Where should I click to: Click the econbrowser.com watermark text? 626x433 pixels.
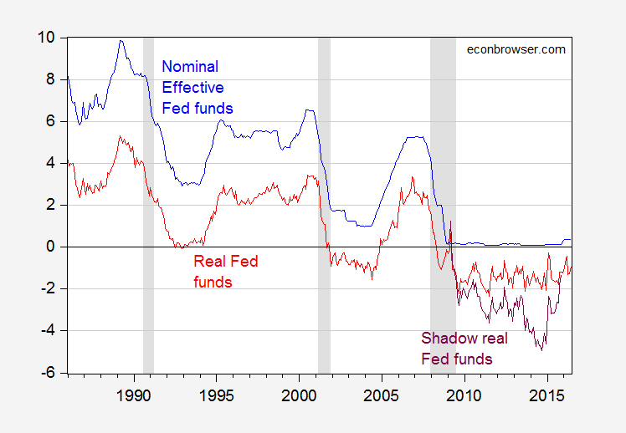coord(515,49)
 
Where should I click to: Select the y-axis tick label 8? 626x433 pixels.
coord(50,79)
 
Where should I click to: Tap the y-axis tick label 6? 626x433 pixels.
coord(50,121)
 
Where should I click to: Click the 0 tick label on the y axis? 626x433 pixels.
coord(50,247)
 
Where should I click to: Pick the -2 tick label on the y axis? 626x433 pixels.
coord(48,288)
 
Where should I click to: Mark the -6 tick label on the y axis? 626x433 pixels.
coord(48,373)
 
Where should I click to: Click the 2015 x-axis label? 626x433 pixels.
coord(547,394)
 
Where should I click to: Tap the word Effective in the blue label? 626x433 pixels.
coord(192,87)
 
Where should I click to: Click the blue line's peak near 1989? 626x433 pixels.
coord(121,40)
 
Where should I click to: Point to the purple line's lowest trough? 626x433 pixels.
coord(541,349)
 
